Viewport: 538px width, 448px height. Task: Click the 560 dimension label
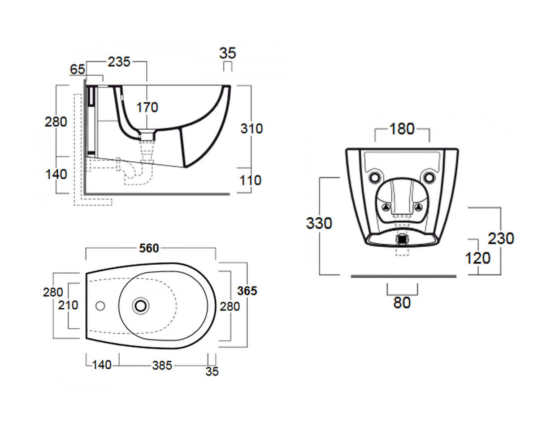point(149,248)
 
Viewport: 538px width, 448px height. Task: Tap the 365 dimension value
point(247,291)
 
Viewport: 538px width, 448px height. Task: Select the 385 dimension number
point(162,366)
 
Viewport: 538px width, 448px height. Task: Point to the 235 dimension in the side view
point(119,62)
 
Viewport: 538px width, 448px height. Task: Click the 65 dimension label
point(77,69)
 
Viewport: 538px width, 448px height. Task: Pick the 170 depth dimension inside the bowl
point(147,107)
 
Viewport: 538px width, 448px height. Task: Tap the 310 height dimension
point(252,129)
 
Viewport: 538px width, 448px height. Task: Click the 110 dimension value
point(251,180)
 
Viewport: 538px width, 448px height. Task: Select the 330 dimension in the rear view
point(319,223)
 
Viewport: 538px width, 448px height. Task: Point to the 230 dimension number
point(501,238)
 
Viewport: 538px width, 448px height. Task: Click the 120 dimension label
point(477,258)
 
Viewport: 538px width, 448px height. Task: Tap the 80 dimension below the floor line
point(402,302)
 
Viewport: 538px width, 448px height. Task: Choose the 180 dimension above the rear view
point(402,129)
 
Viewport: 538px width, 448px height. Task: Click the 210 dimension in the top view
point(68,305)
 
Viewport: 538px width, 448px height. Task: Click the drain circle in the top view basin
point(141,306)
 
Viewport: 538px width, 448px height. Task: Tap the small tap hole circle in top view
point(100,306)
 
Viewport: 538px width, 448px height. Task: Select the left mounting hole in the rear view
point(374,177)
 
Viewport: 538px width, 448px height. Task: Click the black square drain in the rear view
point(402,239)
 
